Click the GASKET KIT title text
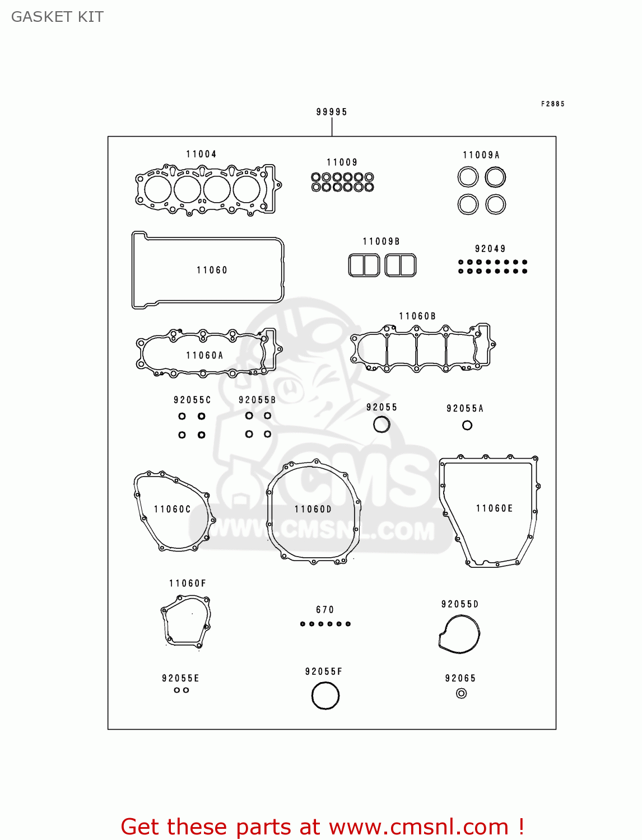pos(57,17)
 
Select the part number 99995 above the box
pos(332,112)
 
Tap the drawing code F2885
pos(552,104)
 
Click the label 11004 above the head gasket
pos(201,154)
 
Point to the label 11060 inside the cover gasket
pos(212,270)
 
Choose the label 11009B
pos(381,241)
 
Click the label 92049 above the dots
pos(490,249)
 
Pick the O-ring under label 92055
pos(382,425)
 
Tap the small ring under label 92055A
pos(467,426)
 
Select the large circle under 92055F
pos(325,697)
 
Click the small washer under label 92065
pos(461,694)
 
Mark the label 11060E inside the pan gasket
pos(494,508)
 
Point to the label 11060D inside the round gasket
pos(313,509)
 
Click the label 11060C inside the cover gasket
pos(173,509)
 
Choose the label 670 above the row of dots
pos(325,610)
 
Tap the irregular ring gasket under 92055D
pos(459,634)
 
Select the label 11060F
pos(188,584)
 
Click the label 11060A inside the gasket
pos(204,356)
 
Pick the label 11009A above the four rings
pos(481,155)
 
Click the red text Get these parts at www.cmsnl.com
pos(322,827)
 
